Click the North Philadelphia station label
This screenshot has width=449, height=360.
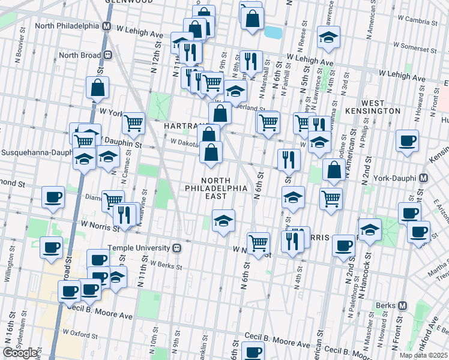pos(67,26)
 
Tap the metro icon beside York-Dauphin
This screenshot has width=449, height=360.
pos(423,179)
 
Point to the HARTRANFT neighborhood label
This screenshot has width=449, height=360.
pos(182,126)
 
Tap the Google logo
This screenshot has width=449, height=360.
pos(20,353)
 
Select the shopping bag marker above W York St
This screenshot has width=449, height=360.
pos(97,88)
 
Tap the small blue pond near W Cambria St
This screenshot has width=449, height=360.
pos(273,31)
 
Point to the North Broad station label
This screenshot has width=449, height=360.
pos(81,55)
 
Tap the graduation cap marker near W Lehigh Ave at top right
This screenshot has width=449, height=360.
pos(328,37)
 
